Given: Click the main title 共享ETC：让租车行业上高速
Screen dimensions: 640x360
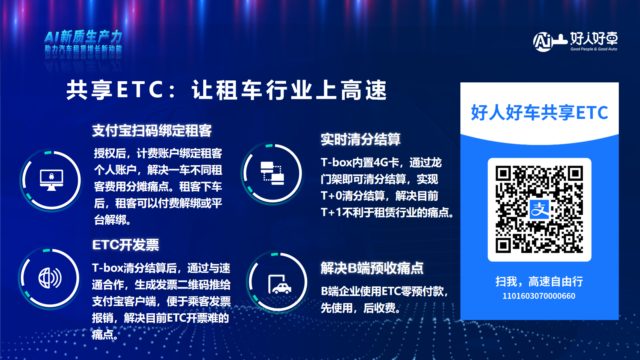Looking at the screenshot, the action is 226,90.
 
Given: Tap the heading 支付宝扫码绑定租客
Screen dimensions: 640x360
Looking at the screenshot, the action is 152,131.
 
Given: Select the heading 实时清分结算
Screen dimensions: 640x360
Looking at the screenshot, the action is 360,140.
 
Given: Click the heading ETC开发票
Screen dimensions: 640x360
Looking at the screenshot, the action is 126,245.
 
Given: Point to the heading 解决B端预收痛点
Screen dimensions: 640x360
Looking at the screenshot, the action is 372,268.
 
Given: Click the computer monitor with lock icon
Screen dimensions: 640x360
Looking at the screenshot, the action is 52,180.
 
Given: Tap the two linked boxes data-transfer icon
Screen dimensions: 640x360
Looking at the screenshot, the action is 272,173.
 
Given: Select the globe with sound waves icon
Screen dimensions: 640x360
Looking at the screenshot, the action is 50,278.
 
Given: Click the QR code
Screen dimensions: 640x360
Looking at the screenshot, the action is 539,210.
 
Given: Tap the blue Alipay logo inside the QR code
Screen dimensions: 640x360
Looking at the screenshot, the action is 540,210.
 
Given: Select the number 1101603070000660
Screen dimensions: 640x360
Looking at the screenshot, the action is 539,296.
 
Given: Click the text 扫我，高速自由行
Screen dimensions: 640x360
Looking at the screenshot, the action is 539,282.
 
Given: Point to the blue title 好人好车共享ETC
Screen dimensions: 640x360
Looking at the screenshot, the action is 540,112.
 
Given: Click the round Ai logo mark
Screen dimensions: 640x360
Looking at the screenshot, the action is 542,42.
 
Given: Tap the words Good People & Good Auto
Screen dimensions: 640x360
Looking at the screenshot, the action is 594,49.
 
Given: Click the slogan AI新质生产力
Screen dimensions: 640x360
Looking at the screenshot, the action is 83,36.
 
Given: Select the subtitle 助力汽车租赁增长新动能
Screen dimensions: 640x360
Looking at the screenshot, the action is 83,48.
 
